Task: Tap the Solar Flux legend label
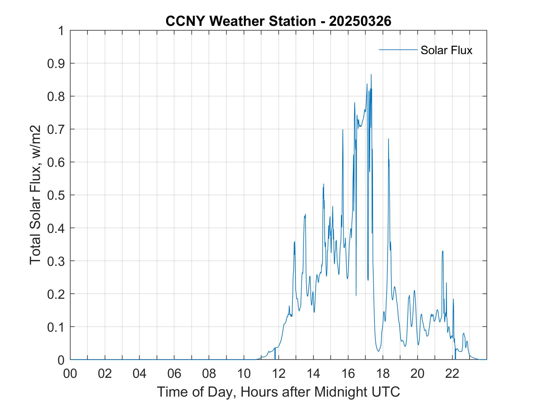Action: [446, 50]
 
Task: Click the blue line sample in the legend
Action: [398, 50]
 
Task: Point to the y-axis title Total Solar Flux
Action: [35, 195]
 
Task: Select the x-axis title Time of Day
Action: [278, 392]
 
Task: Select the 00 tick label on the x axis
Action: [70, 374]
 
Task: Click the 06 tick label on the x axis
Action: [174, 374]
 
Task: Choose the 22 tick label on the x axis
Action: [452, 374]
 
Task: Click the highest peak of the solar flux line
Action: [371, 74]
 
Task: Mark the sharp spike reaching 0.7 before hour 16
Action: [343, 130]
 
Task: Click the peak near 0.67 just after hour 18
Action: [388, 139]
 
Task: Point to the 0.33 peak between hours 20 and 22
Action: [443, 251]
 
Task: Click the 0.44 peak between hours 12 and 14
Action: [305, 214]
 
